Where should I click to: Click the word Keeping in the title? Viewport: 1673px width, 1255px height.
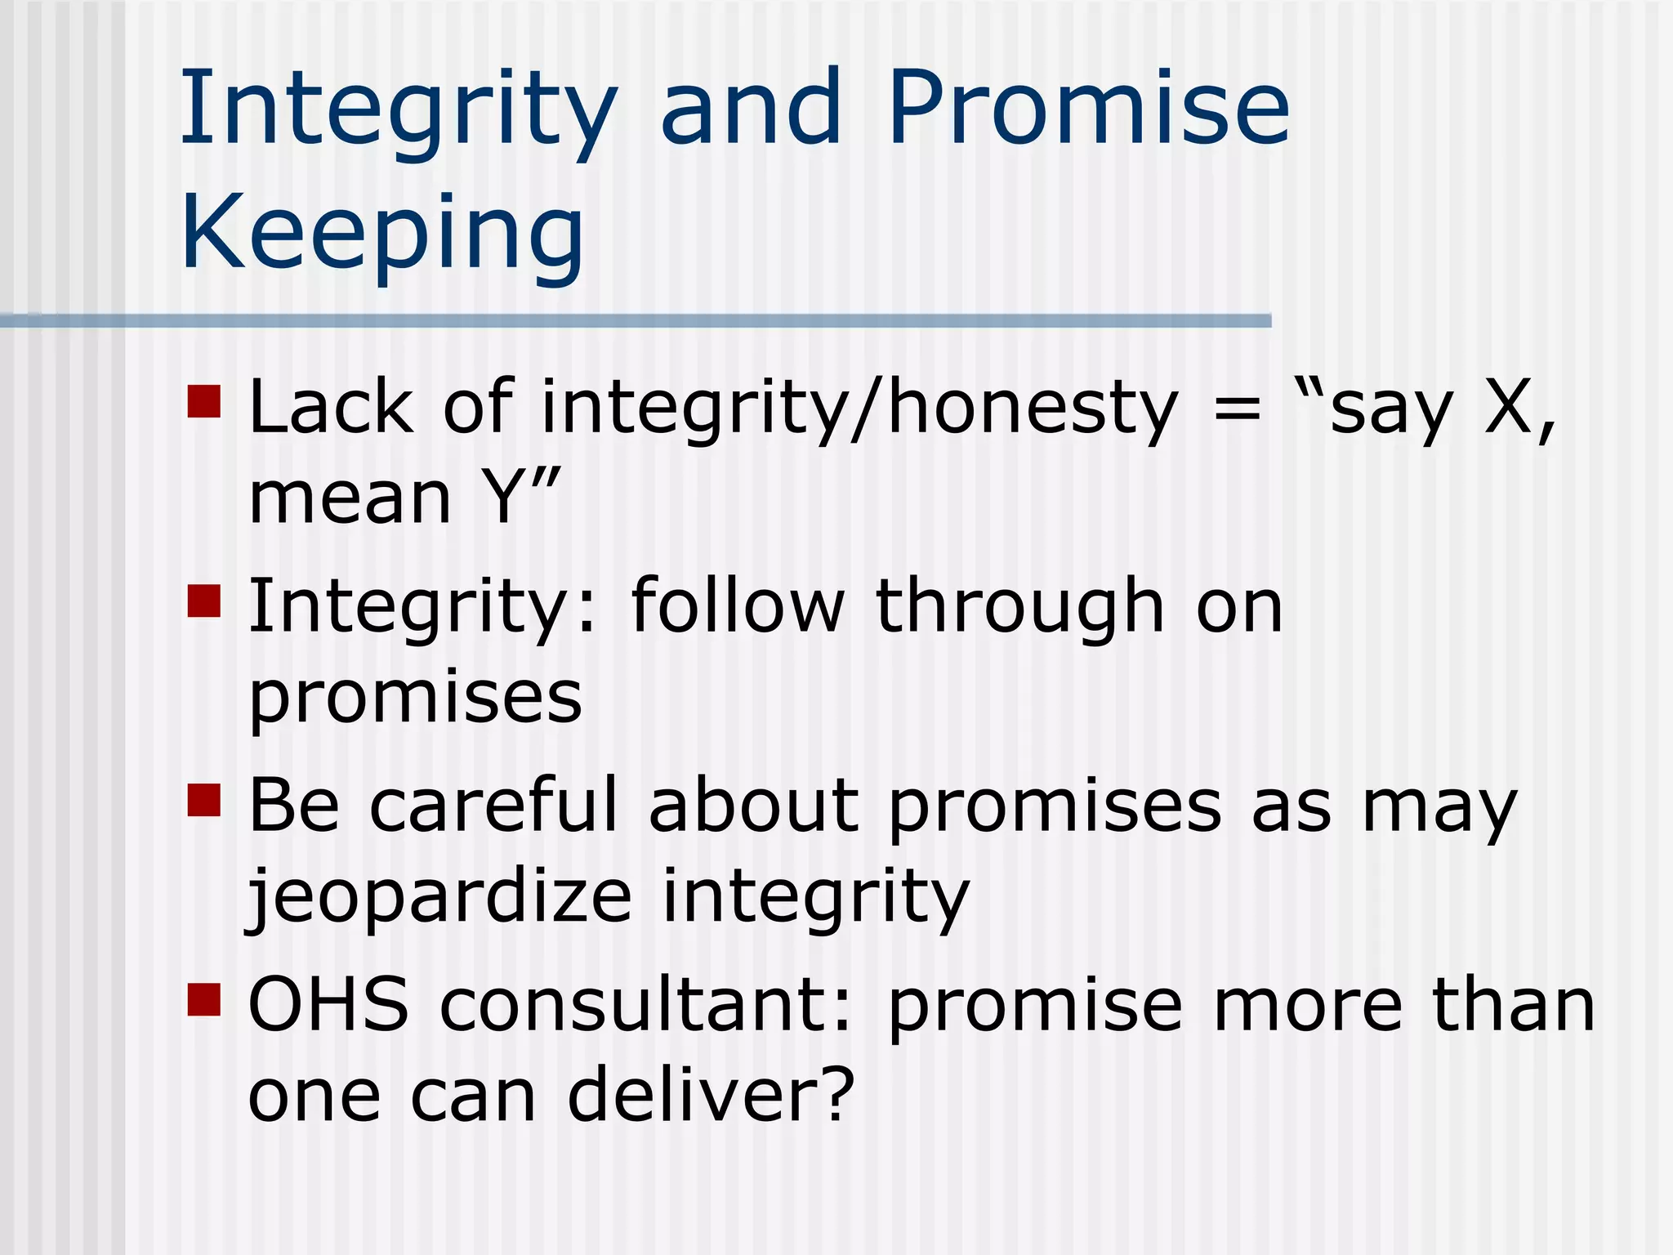[382, 233]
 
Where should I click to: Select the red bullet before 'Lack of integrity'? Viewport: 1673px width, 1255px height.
[204, 402]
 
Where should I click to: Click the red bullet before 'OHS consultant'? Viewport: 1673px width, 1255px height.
[204, 998]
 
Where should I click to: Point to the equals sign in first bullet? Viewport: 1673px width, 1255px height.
[1237, 409]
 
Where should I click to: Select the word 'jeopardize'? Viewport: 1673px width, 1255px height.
[440, 896]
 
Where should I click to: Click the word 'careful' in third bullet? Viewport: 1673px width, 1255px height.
[493, 806]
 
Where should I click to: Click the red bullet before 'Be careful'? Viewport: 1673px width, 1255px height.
[204, 801]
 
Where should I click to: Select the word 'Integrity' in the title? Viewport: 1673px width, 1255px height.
[399, 110]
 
